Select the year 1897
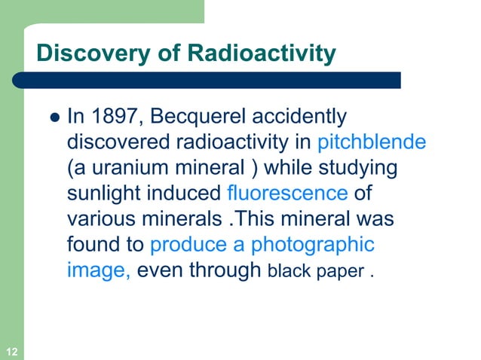coord(109,117)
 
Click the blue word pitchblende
coord(372,142)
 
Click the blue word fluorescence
coord(286,194)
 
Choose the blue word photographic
coord(312,245)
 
